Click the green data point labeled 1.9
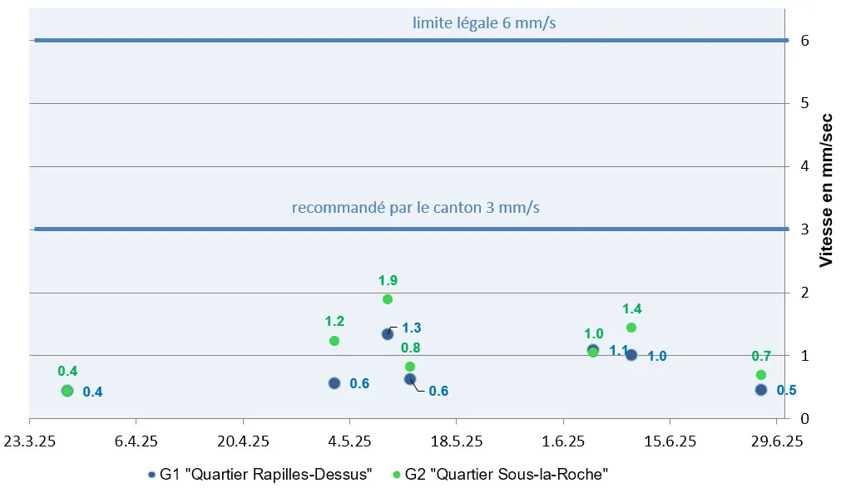click(387, 299)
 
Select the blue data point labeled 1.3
click(387, 333)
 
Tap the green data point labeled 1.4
click(631, 328)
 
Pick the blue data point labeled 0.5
click(760, 390)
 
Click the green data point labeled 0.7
click(760, 375)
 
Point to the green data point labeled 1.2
click(334, 341)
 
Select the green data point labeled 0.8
click(409, 367)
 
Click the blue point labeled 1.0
click(631, 355)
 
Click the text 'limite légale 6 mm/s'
click(484, 23)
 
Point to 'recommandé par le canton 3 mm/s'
click(415, 207)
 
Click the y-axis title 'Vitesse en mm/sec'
click(826, 190)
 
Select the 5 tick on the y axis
click(804, 104)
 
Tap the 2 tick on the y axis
click(804, 293)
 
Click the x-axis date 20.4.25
click(242, 440)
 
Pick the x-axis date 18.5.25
click(456, 440)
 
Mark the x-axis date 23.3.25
click(30, 440)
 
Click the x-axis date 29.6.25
click(776, 440)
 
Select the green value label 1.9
click(387, 280)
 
